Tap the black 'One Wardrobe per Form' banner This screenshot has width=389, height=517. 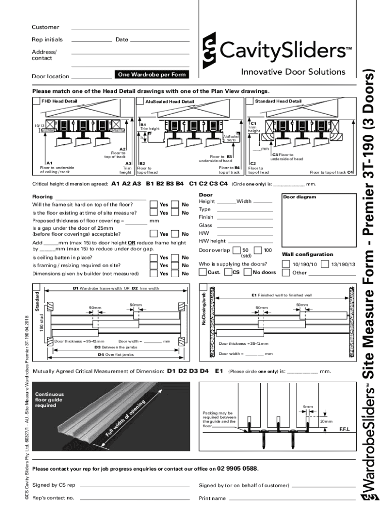[x=152, y=75]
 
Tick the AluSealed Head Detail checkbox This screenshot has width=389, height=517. [x=140, y=101]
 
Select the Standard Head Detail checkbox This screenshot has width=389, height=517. [x=249, y=101]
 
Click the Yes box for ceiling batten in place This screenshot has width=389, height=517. [x=154, y=257]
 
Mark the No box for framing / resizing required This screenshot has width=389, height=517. [x=175, y=266]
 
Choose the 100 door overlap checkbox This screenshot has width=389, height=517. [x=258, y=250]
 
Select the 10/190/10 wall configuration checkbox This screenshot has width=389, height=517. [x=286, y=264]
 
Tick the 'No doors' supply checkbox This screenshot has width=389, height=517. [x=248, y=273]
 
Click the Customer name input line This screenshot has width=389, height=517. [x=131, y=28]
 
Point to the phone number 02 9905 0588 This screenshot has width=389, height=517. [x=237, y=468]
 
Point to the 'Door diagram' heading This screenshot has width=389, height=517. [x=300, y=197]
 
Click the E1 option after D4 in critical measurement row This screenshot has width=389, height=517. [x=219, y=371]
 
